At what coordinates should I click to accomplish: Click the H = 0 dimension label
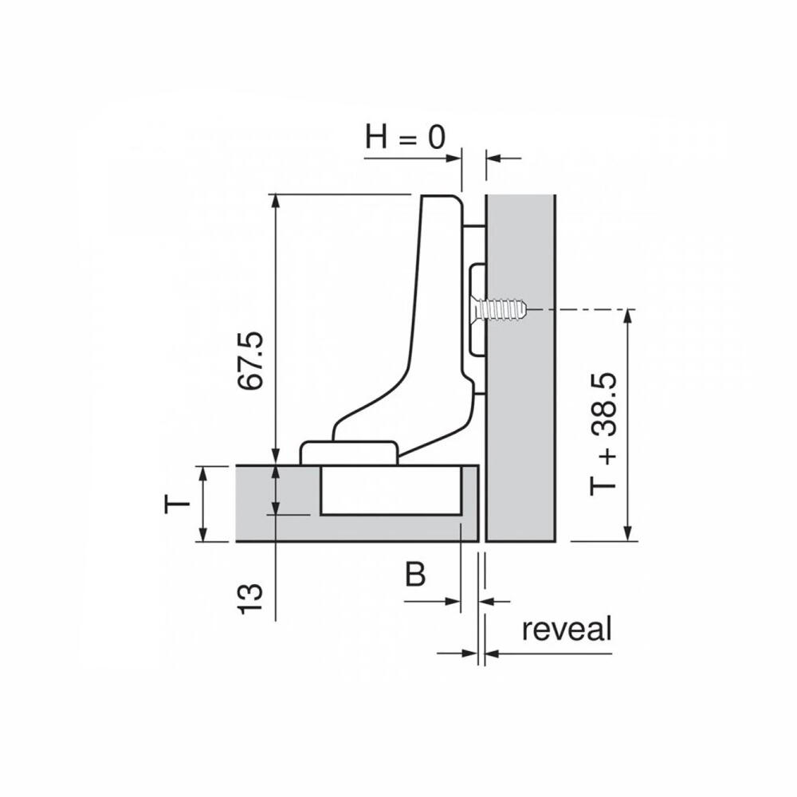[405, 137]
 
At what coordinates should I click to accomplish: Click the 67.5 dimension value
[252, 360]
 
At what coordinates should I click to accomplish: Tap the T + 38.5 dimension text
[603, 434]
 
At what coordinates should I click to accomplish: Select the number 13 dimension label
[251, 599]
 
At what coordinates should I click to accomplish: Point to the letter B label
[415, 575]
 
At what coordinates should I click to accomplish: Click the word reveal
[567, 629]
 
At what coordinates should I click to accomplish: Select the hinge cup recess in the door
[391, 490]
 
